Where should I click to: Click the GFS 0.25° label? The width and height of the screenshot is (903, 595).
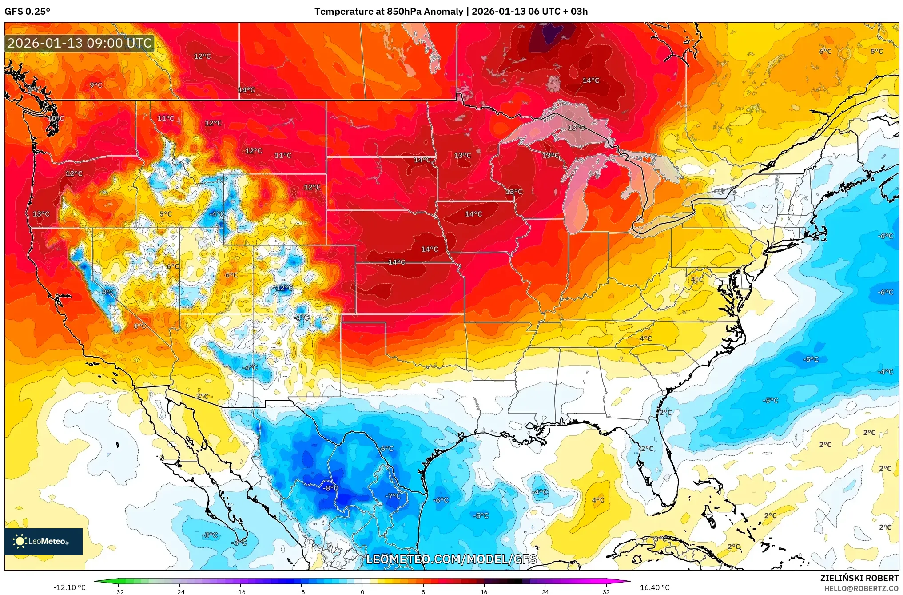point(27,12)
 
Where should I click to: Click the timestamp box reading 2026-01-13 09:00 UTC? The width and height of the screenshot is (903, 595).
point(80,43)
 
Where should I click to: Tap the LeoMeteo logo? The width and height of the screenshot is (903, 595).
point(44,541)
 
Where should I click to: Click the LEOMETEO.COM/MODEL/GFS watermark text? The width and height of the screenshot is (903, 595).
point(451,559)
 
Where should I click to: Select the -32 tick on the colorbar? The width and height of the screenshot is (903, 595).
point(119,591)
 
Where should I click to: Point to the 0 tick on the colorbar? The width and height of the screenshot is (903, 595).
point(362,591)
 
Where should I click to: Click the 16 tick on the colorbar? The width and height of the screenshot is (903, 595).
point(484,591)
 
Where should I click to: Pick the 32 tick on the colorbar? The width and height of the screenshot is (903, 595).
point(606,591)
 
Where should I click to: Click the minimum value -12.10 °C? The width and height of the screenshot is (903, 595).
point(69,587)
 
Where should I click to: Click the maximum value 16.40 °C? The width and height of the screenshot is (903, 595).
point(654,587)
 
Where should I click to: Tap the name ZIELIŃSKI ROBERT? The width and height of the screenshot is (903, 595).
point(859,578)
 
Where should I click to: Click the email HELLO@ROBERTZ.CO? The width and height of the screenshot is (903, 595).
point(861,588)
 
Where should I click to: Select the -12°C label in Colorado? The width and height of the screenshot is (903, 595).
point(283,288)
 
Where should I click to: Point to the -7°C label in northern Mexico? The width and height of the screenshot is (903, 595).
point(393,496)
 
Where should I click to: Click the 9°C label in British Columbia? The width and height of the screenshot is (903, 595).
point(96,85)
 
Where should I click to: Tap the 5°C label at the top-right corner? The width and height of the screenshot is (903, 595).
point(876,52)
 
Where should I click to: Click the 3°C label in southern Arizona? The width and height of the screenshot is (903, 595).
point(202,396)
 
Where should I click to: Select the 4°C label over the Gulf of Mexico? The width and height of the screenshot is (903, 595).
point(598,500)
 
